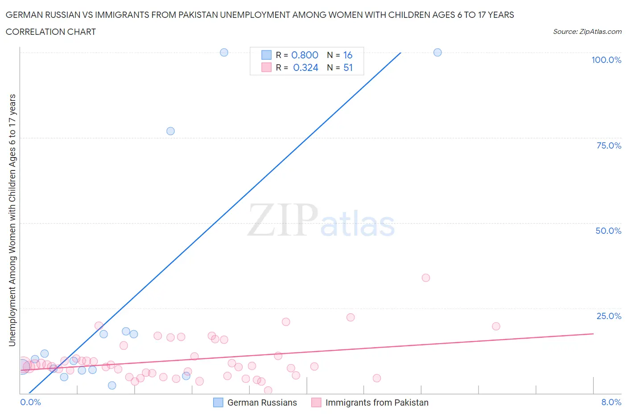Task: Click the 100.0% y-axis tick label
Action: [x=606, y=60]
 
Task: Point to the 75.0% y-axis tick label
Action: [x=609, y=145]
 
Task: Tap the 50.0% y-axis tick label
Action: [x=608, y=231]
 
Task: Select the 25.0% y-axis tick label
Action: [x=609, y=316]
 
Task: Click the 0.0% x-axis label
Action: [x=30, y=402]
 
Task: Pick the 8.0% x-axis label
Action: [x=611, y=402]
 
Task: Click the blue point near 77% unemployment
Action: [x=170, y=131]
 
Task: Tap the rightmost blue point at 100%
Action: [x=437, y=53]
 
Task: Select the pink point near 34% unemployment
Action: [x=426, y=278]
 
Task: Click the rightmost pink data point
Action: [x=496, y=326]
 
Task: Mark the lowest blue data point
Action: [x=112, y=386]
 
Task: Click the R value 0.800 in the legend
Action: [x=305, y=55]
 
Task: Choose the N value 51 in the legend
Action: [x=348, y=68]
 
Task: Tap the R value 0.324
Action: [x=305, y=68]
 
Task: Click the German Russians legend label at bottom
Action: [x=262, y=403]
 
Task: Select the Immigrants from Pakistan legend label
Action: [x=377, y=403]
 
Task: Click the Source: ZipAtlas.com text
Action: [x=587, y=32]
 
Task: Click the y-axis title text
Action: [x=12, y=220]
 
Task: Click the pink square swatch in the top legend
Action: [x=266, y=67]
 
